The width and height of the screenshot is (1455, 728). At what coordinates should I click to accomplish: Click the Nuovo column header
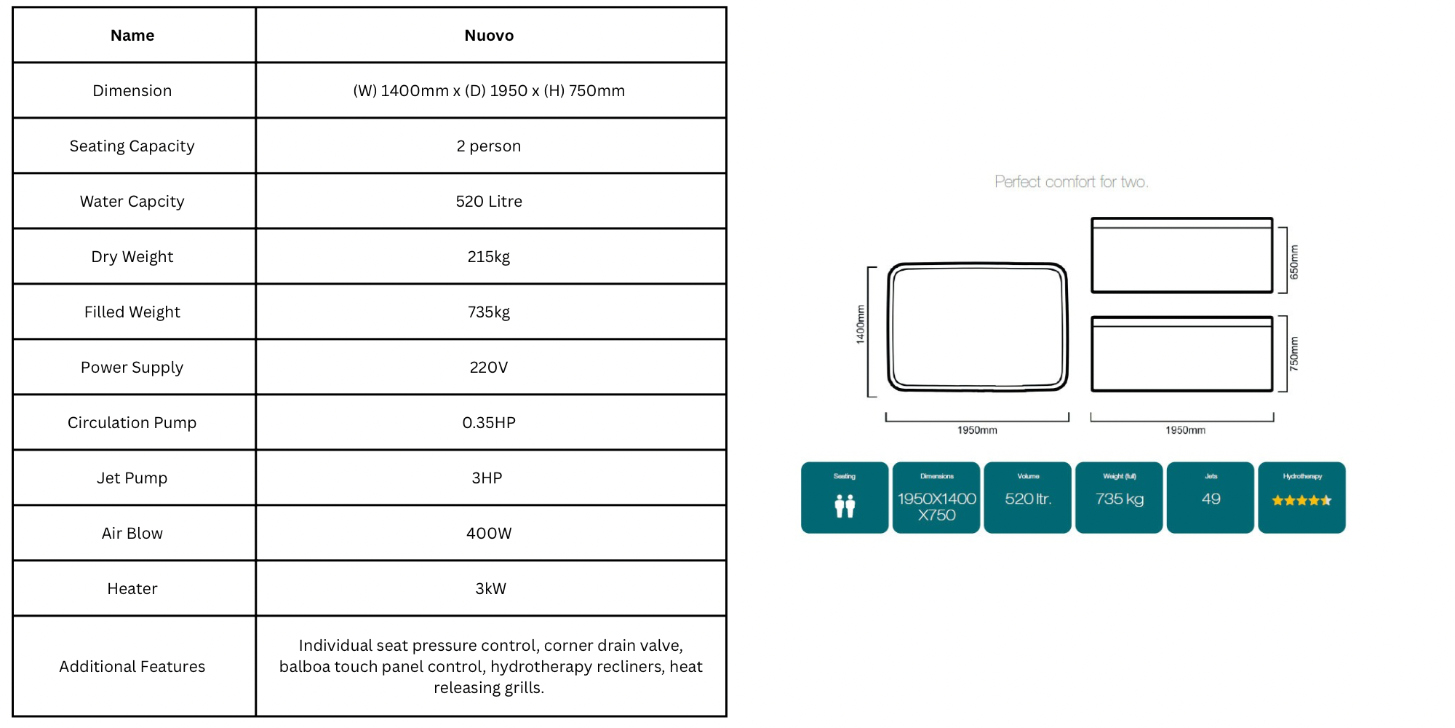click(489, 35)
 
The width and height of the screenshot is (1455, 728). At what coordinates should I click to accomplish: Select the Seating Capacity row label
click(132, 146)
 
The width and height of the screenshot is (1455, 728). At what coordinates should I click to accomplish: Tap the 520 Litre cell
click(489, 201)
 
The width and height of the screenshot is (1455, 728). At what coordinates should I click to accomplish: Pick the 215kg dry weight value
click(489, 257)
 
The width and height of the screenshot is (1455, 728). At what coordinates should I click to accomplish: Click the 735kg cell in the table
click(489, 312)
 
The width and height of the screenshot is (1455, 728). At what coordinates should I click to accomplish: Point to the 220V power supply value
click(489, 367)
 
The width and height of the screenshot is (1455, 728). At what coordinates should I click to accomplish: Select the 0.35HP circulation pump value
click(489, 422)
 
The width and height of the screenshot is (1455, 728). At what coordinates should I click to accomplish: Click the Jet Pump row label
click(132, 478)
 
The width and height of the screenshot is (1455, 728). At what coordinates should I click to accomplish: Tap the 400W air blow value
click(489, 533)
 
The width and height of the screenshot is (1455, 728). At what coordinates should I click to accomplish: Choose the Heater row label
click(132, 588)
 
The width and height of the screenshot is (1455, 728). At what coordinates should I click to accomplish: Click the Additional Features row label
click(132, 666)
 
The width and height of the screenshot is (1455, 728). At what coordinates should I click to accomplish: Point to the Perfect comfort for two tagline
click(1072, 182)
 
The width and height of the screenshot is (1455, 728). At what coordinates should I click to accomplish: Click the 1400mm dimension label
click(861, 324)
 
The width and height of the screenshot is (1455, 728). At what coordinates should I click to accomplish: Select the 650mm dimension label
click(1293, 262)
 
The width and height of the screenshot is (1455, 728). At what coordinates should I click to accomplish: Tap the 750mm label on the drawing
click(1293, 354)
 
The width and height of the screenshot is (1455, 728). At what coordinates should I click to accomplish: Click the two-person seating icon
click(845, 505)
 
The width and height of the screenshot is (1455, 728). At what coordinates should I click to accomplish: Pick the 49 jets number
click(1211, 499)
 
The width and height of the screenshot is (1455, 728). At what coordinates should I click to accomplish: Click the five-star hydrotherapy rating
click(1301, 500)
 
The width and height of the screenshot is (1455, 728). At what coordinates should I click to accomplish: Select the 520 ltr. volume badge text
click(1028, 499)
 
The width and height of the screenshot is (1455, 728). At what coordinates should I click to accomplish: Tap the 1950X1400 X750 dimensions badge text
click(937, 507)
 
